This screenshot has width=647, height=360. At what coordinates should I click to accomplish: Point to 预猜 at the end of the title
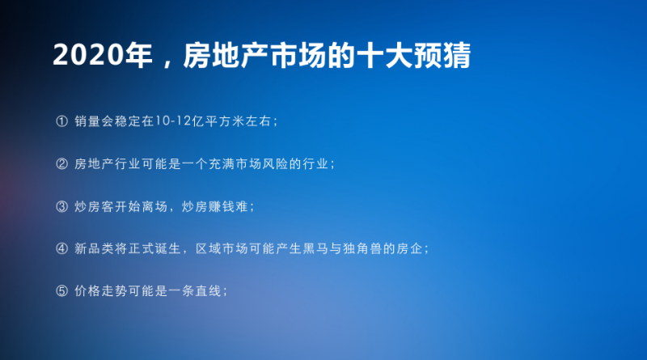tap(442, 55)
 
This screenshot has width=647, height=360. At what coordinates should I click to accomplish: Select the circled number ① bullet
tap(62, 121)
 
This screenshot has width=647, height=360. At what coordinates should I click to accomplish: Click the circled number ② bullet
tap(62, 164)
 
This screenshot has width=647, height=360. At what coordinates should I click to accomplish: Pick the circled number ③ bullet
tap(62, 206)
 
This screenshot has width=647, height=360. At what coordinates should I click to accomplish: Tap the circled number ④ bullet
tap(62, 248)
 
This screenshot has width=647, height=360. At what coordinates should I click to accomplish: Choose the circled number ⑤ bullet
tap(62, 291)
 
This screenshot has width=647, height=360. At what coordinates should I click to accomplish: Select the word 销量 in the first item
tap(87, 121)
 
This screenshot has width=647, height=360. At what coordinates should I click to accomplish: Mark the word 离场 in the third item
tap(154, 206)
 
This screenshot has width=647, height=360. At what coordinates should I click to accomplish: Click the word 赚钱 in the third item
tap(222, 206)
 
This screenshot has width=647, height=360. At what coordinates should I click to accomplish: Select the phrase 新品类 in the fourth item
tap(94, 248)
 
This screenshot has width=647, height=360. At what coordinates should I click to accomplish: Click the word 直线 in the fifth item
tap(209, 291)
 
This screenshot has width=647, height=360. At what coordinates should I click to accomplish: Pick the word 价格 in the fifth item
tap(87, 291)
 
